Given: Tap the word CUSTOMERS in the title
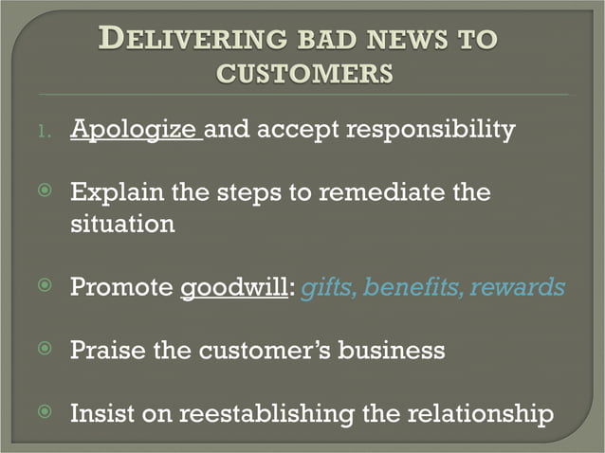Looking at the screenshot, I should coord(304,72).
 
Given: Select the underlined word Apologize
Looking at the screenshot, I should coord(135,130).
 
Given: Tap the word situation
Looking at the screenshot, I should coord(122,225).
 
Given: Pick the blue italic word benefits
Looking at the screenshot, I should coord(410,287).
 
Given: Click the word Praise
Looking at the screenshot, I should coord(107,351).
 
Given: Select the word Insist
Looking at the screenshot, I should coord(104,413).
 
